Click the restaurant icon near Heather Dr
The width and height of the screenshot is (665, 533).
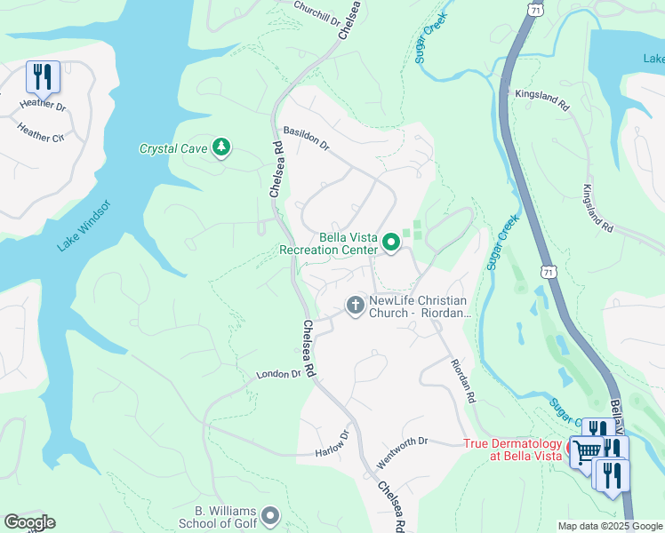click(43, 76)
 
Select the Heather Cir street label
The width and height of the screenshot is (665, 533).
click(41, 132)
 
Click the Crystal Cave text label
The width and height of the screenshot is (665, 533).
click(172, 148)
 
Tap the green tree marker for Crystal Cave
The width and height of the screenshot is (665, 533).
click(221, 147)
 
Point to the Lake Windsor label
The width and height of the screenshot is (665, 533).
click(84, 226)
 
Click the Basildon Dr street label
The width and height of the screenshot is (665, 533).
click(306, 137)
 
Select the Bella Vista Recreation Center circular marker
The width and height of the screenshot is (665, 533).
click(390, 242)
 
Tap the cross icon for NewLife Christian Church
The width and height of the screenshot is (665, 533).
click(355, 306)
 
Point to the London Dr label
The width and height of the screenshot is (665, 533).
click(278, 375)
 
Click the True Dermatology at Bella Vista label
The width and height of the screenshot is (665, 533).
click(513, 449)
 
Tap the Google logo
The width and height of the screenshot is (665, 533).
click(29, 522)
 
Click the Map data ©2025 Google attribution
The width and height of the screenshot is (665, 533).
click(609, 526)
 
